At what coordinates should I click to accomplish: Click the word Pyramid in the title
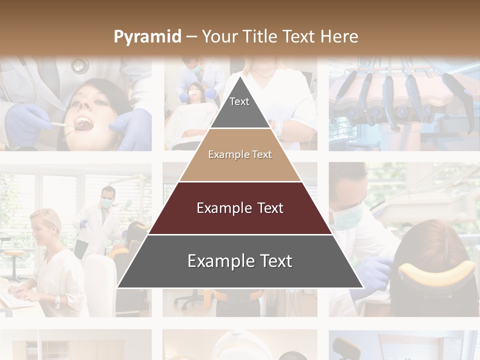(x=147, y=37)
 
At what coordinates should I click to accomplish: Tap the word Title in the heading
(x=260, y=36)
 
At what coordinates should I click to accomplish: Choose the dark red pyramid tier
(x=240, y=208)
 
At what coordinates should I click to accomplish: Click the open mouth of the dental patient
(x=83, y=123)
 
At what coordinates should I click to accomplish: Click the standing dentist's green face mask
(x=106, y=203)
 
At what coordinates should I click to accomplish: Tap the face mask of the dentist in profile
(x=346, y=217)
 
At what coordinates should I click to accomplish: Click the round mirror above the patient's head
(x=79, y=64)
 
